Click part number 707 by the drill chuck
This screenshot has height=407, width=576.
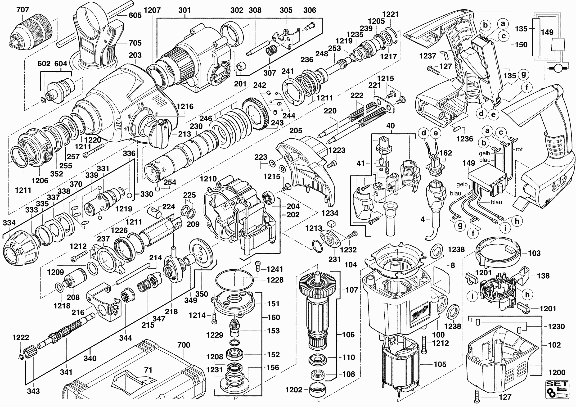22,10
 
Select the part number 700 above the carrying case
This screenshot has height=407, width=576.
184,345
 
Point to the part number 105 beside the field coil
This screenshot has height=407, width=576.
440,364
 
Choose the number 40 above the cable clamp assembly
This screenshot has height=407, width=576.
390,126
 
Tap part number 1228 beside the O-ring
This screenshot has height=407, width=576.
275,280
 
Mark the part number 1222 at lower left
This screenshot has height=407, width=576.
21,338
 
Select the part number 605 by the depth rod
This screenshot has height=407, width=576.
135,15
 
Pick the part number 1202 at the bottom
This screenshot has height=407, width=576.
293,390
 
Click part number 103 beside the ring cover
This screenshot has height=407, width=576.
534,253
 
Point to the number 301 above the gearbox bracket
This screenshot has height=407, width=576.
184,10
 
